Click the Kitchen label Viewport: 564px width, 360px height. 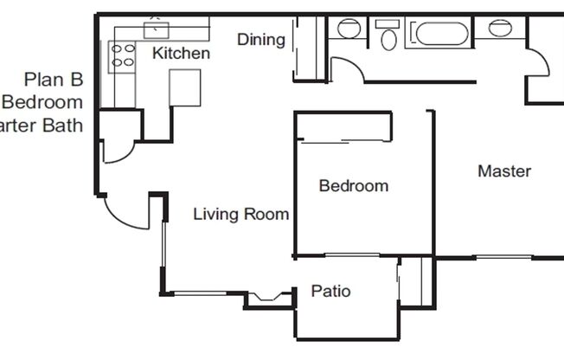point(181,54)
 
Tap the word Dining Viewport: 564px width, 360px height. point(261,39)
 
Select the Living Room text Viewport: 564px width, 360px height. point(240,214)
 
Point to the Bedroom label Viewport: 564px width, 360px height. point(353,185)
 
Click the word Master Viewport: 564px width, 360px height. point(504,171)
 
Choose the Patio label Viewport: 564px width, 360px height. point(330,291)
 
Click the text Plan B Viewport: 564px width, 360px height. point(54,80)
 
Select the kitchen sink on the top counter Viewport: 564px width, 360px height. point(156,29)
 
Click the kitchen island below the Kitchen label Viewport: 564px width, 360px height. point(184,87)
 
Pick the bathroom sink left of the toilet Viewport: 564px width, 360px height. point(349,28)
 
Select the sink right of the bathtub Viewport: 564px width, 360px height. point(499,28)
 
